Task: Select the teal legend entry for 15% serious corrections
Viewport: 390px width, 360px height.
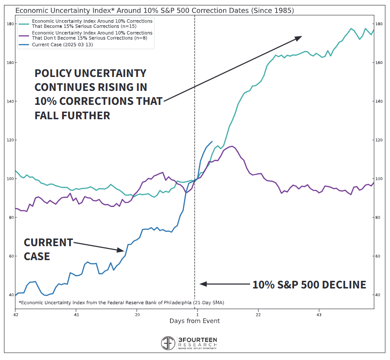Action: click(x=92, y=24)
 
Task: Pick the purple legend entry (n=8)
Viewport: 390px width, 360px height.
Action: click(x=92, y=36)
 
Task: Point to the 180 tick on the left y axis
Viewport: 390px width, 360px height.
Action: click(x=9, y=24)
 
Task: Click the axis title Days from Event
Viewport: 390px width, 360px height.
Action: click(x=195, y=321)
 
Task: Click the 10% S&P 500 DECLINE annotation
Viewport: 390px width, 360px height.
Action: click(x=309, y=284)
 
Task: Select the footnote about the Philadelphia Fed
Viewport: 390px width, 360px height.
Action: click(x=121, y=302)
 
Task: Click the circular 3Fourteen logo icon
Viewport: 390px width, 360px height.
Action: click(x=169, y=343)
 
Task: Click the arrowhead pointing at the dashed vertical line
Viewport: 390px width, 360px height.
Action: click(x=202, y=284)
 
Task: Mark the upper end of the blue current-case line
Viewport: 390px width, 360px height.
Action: click(x=212, y=141)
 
